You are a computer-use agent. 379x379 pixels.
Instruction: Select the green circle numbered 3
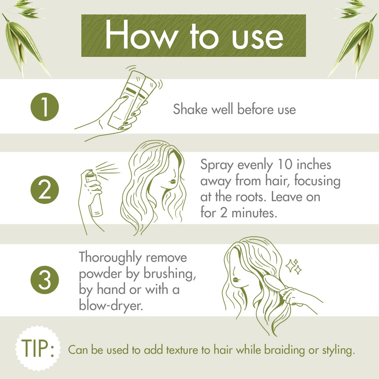point(44,280)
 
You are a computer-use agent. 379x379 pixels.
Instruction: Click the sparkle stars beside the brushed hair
point(293,266)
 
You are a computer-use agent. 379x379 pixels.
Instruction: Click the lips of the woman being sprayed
point(172,182)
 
